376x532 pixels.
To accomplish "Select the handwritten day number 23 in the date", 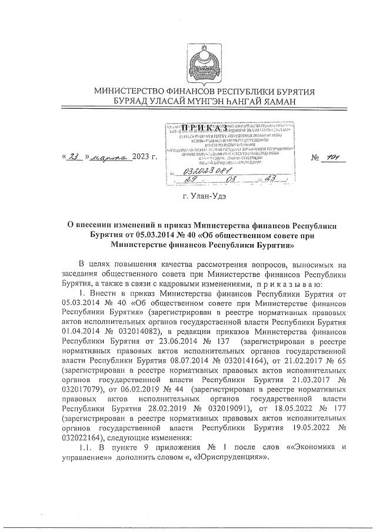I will [74, 156].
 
